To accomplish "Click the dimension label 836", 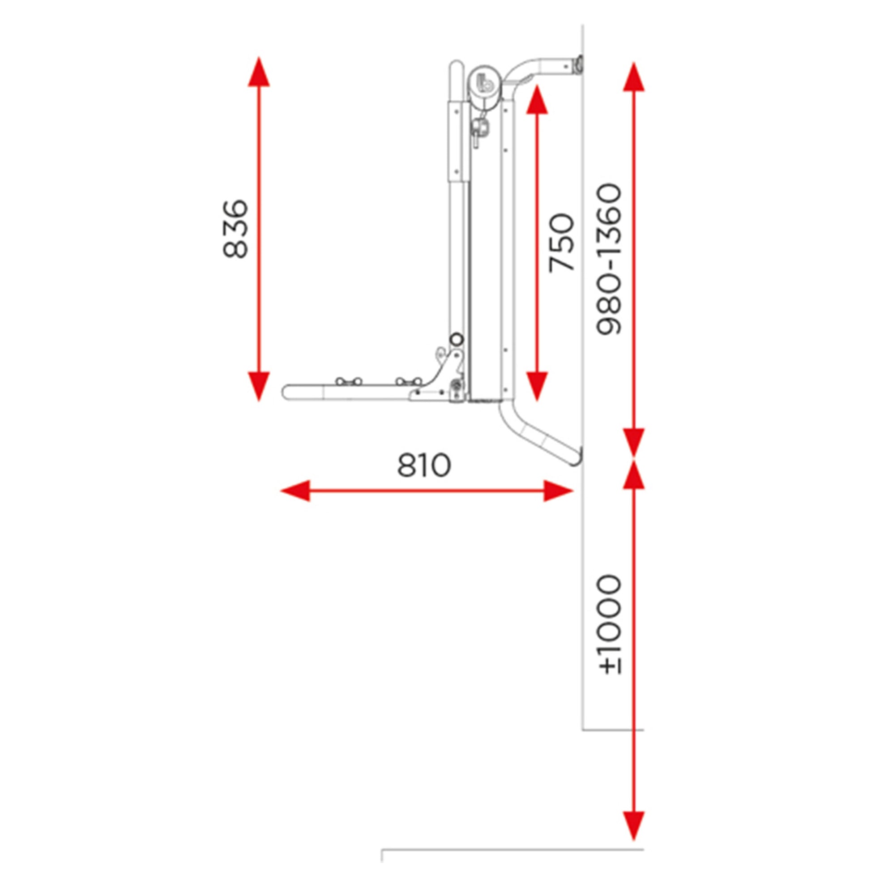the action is (235, 229).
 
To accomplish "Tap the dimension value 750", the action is (562, 243).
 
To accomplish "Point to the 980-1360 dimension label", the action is (609, 259).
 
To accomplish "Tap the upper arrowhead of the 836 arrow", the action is (259, 71).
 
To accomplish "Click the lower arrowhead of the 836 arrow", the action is (259, 386).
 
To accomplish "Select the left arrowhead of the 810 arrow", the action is (295, 491).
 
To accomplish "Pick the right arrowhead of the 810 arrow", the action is (558, 491).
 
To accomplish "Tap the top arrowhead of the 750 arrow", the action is (537, 99).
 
